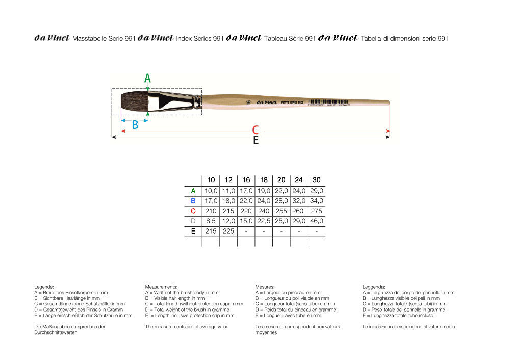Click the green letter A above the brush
[147, 78]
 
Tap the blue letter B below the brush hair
[135, 125]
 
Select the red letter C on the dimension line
[256, 131]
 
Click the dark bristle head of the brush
[131, 100]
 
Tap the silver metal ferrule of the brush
[171, 100]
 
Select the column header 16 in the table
[246, 180]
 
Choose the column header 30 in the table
[317, 180]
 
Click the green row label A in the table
[193, 191]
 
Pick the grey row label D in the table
[193, 221]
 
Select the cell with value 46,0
[317, 221]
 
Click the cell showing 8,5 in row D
[211, 221]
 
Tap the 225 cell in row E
[228, 232]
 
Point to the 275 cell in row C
[317, 211]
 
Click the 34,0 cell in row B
[317, 201]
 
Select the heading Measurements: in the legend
[161, 287]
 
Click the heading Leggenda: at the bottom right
[374, 287]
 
